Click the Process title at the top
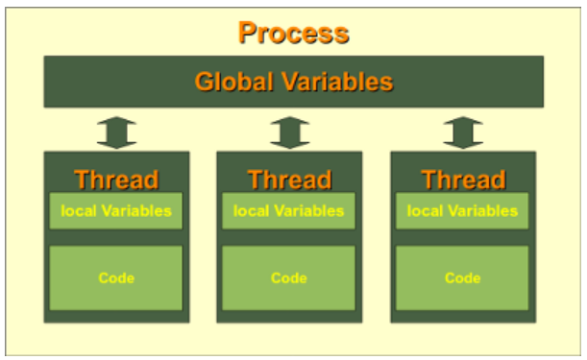[x=293, y=33]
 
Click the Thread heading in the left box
[x=116, y=179]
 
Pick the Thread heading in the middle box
[x=289, y=179]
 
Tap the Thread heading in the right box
[x=462, y=179]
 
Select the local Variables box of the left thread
[x=116, y=210]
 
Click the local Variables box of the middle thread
[x=289, y=210]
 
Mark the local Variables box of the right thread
[x=462, y=210]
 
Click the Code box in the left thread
[x=116, y=277]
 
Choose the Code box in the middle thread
[x=289, y=277]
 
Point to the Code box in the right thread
[x=462, y=277]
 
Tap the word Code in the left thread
[x=116, y=278]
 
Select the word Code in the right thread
[x=462, y=278]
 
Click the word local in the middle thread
[x=250, y=210]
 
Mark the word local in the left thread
[x=77, y=210]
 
